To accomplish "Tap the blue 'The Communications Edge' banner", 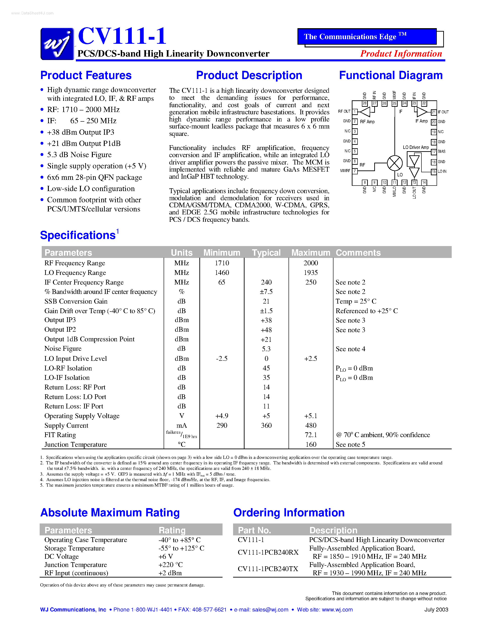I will pyautogui.click(x=367, y=37).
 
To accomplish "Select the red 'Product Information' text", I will pyautogui.click(x=401, y=54).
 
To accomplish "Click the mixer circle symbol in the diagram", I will pyautogui.click(x=394, y=163).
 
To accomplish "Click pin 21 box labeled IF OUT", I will pyautogui.click(x=434, y=112).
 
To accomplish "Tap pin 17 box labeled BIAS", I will pyautogui.click(x=434, y=152).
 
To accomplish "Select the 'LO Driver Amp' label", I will pyautogui.click(x=416, y=147).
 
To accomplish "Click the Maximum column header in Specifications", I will pyautogui.click(x=311, y=253).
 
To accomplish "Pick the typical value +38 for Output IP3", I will pyautogui.click(x=266, y=320).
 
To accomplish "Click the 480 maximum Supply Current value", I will pyautogui.click(x=311, y=425).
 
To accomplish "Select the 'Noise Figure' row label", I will pyautogui.click(x=63, y=348).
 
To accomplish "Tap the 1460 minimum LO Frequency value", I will pyautogui.click(x=222, y=273).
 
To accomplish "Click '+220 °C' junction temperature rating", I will pyautogui.click(x=171, y=564).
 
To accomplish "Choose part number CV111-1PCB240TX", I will pyautogui.click(x=268, y=569).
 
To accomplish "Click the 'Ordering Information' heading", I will pyautogui.click(x=289, y=513).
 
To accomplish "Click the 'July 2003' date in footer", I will pyautogui.click(x=436, y=610).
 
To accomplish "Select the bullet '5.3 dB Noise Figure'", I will pyautogui.click(x=79, y=155).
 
